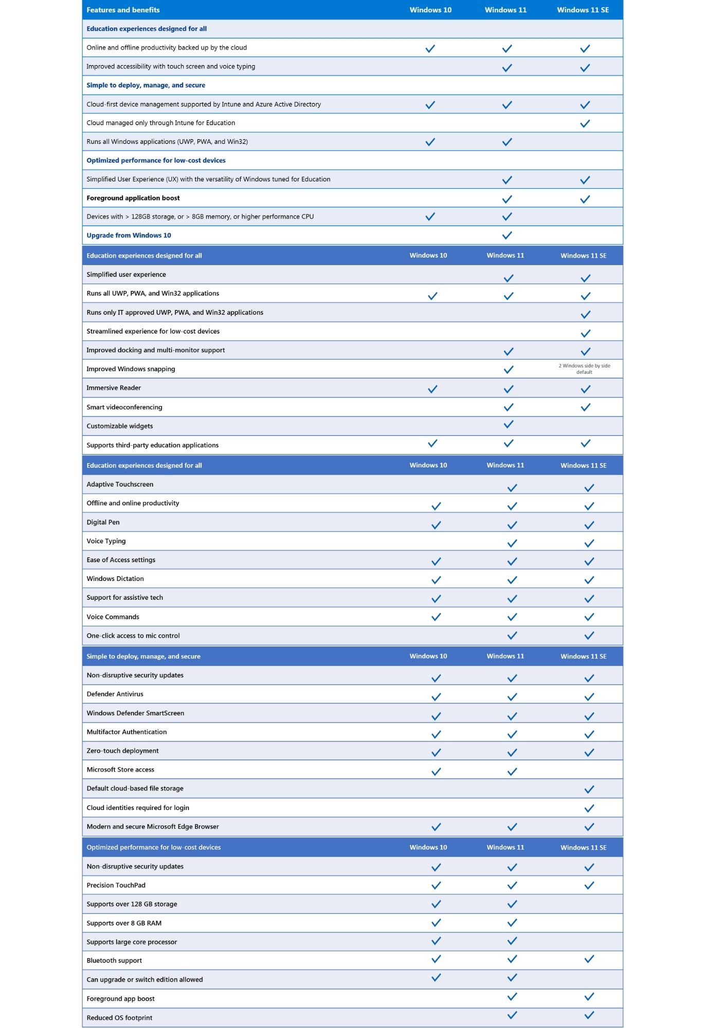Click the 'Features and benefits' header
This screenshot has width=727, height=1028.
click(x=123, y=10)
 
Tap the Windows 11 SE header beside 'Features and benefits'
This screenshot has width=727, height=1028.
click(x=583, y=10)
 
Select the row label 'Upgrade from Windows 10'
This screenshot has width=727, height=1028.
click(x=129, y=235)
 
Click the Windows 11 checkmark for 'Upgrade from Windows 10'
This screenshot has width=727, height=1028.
click(x=507, y=235)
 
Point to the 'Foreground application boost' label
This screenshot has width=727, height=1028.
click(x=133, y=198)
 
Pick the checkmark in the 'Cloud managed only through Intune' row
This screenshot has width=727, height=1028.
click(x=585, y=123)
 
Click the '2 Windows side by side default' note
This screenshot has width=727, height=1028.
click(x=584, y=369)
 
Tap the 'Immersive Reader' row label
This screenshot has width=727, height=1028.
click(x=114, y=388)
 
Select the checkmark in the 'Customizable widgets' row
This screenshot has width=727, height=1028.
click(x=508, y=425)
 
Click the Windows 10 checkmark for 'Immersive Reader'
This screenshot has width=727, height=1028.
click(x=432, y=389)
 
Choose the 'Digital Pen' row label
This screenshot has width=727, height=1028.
click(x=103, y=522)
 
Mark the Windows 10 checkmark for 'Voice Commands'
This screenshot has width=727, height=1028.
click(x=436, y=617)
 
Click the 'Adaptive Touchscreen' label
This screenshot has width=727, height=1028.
click(x=120, y=484)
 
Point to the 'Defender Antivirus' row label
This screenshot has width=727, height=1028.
click(x=115, y=694)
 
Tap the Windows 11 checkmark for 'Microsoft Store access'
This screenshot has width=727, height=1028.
click(x=512, y=772)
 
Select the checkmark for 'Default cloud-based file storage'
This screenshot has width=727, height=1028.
click(x=589, y=790)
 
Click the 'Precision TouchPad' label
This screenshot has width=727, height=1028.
click(x=116, y=885)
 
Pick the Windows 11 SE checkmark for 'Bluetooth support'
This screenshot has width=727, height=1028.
click(x=589, y=959)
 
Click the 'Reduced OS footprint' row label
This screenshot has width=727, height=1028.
click(x=119, y=1018)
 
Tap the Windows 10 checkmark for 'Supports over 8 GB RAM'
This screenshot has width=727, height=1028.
click(x=436, y=923)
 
